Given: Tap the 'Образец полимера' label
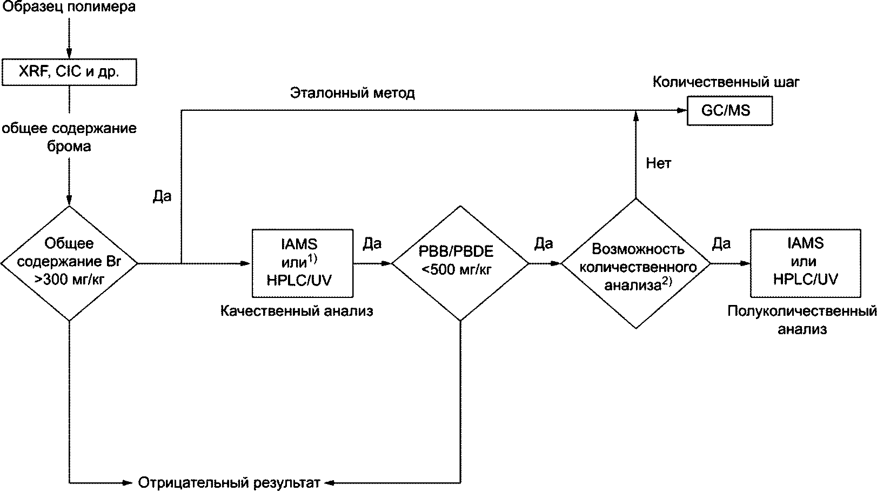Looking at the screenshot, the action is (x=69, y=6).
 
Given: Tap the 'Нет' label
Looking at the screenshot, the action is (x=659, y=163).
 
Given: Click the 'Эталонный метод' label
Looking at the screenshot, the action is (x=352, y=93).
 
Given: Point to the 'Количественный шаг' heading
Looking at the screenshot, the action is (x=726, y=82).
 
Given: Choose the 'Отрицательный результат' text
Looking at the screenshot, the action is (x=230, y=483).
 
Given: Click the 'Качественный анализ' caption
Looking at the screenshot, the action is (x=297, y=311).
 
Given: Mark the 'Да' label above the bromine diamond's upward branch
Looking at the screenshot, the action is (x=162, y=196).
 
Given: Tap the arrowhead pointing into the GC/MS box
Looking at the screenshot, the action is (x=682, y=111).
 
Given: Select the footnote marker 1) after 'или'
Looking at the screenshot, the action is (x=312, y=259).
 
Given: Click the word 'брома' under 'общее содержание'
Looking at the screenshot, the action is (x=69, y=147).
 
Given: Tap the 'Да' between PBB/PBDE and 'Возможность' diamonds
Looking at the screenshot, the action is (x=544, y=244).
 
